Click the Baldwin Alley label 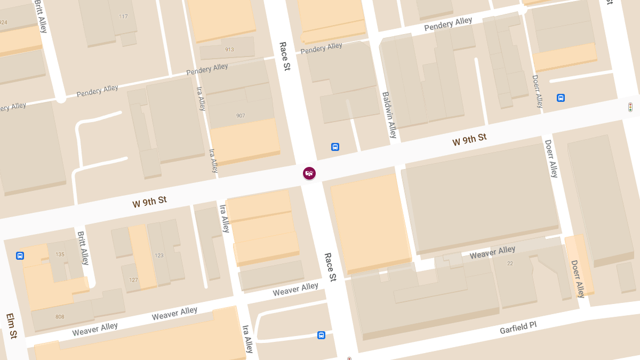pyautogui.click(x=389, y=115)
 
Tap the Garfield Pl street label pyautogui.click(x=518, y=327)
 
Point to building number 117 pyautogui.click(x=124, y=17)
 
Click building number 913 pyautogui.click(x=229, y=50)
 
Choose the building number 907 pyautogui.click(x=240, y=116)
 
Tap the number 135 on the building pyautogui.click(x=60, y=254)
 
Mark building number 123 pyautogui.click(x=159, y=255)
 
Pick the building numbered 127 pyautogui.click(x=133, y=280)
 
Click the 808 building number pyautogui.click(x=60, y=317)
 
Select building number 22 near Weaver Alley pyautogui.click(x=510, y=263)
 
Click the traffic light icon pyautogui.click(x=630, y=107)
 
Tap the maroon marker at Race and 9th pyautogui.click(x=309, y=173)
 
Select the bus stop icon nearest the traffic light pyautogui.click(x=561, y=98)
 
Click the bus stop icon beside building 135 pyautogui.click(x=20, y=255)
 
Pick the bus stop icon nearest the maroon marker pyautogui.click(x=335, y=147)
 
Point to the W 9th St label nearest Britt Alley pyautogui.click(x=149, y=202)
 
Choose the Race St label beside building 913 pyautogui.click(x=284, y=57)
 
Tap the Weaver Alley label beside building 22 pyautogui.click(x=492, y=252)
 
